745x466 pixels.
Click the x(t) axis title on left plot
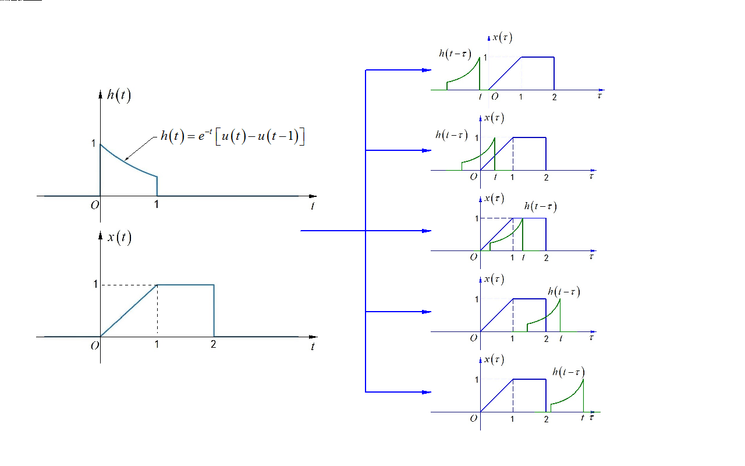[x=119, y=238]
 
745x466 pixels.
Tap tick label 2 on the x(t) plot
[x=213, y=345]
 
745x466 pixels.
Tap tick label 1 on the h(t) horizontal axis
[x=157, y=204]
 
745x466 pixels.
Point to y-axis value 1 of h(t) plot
[x=94, y=142]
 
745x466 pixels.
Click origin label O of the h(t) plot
[x=94, y=204]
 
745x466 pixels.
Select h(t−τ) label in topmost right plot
[x=455, y=54]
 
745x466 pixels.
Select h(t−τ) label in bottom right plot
[x=568, y=372]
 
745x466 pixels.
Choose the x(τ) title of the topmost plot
[x=502, y=37]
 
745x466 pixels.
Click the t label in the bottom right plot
[x=582, y=418]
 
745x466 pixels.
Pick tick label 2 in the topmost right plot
[x=554, y=97]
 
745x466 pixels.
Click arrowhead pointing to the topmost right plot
[x=427, y=70]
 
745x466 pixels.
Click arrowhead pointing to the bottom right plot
[x=427, y=392]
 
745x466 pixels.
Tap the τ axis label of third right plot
[x=591, y=256]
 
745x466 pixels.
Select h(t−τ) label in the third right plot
[x=540, y=206]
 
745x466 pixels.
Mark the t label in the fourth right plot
[x=560, y=337]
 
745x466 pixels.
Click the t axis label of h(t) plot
[x=313, y=206]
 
